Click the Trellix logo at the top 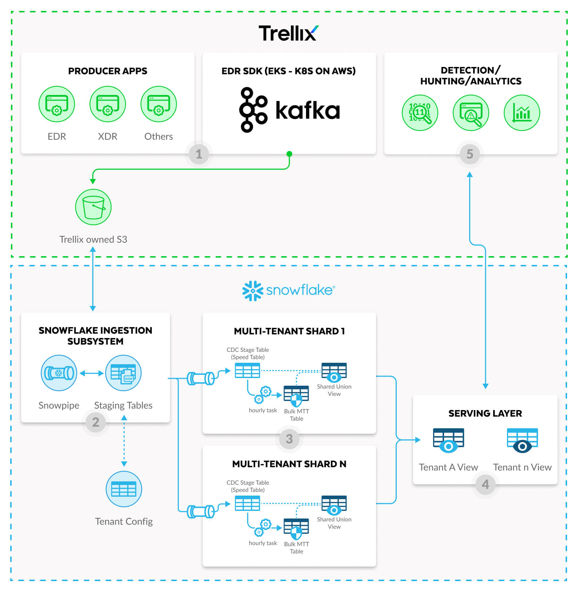click(288, 33)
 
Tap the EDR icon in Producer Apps click(57, 104)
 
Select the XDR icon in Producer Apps click(108, 104)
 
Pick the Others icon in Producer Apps click(159, 104)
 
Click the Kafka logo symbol click(253, 110)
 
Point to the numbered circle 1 click(199, 154)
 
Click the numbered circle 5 click(470, 154)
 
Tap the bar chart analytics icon click(522, 113)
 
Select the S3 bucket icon click(93, 207)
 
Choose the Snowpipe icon click(59, 373)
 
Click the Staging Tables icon click(123, 373)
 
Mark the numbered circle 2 click(96, 422)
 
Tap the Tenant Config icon click(124, 489)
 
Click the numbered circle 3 click(289, 439)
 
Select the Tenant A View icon click(448, 440)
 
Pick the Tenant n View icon click(522, 440)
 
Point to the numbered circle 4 click(485, 484)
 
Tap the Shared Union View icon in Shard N click(334, 505)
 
